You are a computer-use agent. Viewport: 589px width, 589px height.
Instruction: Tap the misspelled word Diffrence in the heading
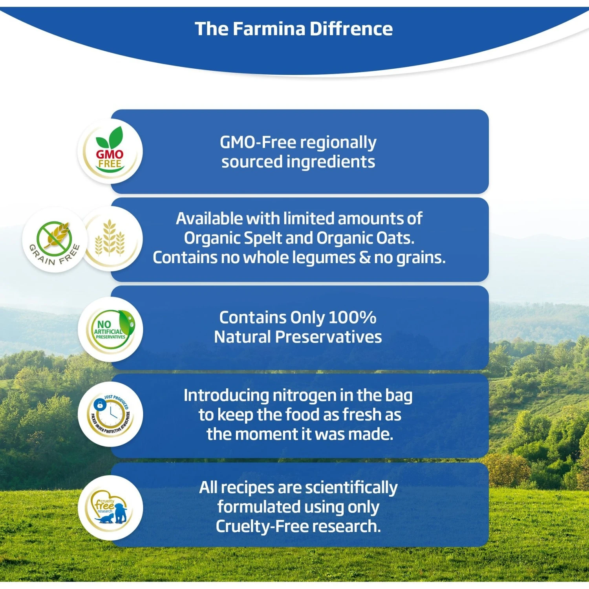click(x=351, y=29)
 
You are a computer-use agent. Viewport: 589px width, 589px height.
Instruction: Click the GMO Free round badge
click(x=110, y=152)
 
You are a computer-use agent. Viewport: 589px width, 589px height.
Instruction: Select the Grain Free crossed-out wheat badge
click(x=54, y=240)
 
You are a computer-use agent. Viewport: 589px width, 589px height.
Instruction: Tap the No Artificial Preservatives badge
click(x=110, y=329)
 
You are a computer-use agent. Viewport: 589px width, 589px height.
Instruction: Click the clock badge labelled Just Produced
click(x=110, y=414)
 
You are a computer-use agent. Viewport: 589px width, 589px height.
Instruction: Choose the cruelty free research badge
click(x=110, y=508)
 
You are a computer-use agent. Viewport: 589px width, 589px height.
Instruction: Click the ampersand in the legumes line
click(x=364, y=258)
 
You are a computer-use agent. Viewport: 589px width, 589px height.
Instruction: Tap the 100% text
click(x=352, y=318)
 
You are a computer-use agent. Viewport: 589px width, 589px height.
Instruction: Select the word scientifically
click(x=351, y=488)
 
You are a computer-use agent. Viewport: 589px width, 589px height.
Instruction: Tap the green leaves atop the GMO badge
click(x=110, y=137)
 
